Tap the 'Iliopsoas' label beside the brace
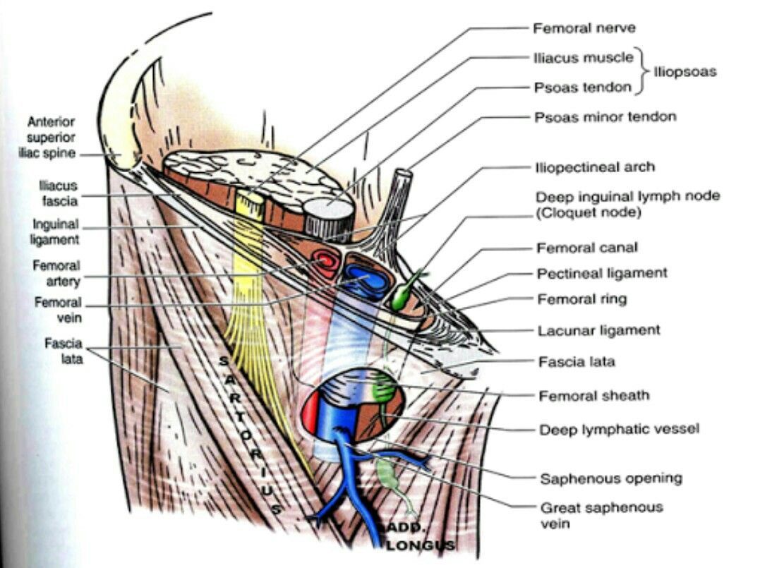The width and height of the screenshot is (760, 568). [684, 72]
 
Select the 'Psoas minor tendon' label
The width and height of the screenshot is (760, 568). [605, 116]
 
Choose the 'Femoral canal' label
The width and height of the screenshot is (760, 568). [586, 248]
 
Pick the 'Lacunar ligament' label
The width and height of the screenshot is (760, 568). [598, 330]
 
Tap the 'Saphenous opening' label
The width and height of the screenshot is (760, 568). [610, 478]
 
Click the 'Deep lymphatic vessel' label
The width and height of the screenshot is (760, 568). [619, 429]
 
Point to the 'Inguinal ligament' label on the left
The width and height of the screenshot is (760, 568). [56, 231]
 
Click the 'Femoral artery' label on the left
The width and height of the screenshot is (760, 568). [56, 273]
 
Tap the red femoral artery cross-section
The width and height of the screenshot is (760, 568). [325, 262]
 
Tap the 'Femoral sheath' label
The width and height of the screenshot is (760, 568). [593, 396]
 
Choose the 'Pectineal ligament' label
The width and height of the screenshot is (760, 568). [602, 273]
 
